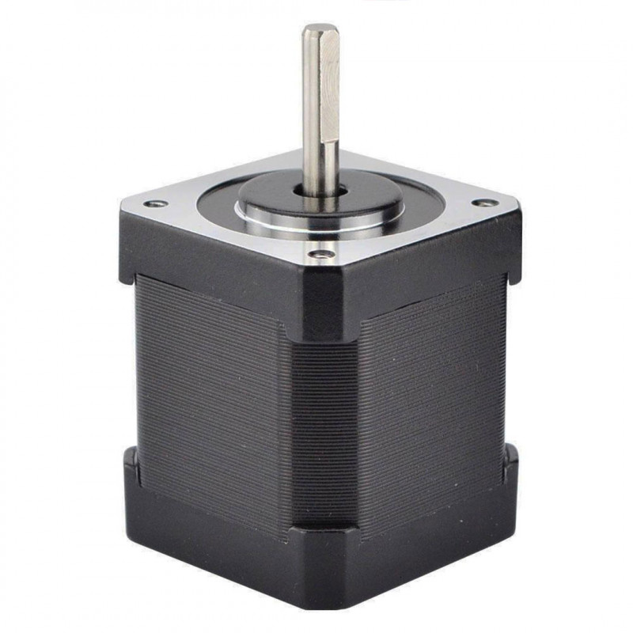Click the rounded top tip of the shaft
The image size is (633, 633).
click(x=320, y=29)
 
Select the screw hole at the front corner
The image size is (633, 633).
click(x=320, y=255)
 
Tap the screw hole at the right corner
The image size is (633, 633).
click(x=484, y=203)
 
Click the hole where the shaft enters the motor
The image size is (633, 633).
click(x=321, y=193)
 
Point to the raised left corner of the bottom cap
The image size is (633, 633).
click(x=131, y=467)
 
